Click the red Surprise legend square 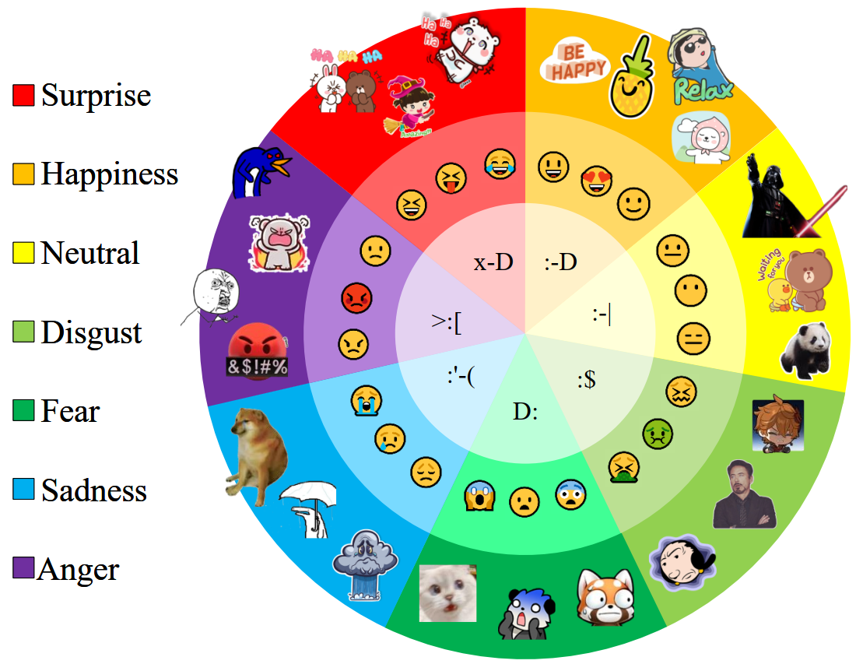23,95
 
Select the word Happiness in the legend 110,174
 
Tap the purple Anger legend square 23,568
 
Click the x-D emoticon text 493,262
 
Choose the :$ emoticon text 587,381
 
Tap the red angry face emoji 356,297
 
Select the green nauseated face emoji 658,434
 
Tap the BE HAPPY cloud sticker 574,62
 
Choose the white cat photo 447,592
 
